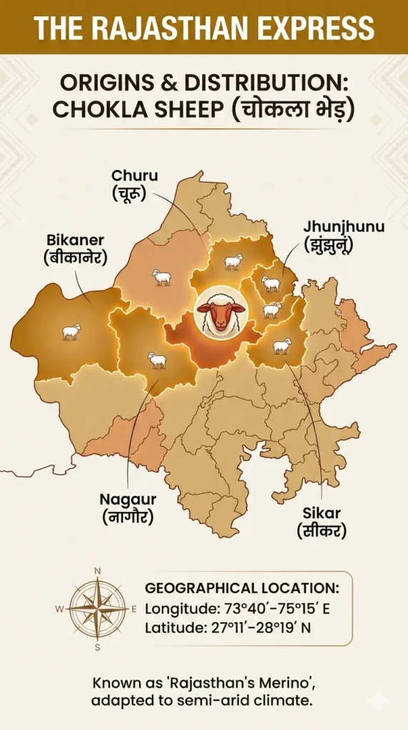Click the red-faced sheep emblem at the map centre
coord(221,312)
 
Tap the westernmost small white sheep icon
coord(71,331)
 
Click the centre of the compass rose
coord(98,609)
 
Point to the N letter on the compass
coord(98,570)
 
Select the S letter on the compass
coord(98,647)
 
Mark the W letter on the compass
coord(59,610)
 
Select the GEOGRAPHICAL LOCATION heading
coord(242,589)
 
